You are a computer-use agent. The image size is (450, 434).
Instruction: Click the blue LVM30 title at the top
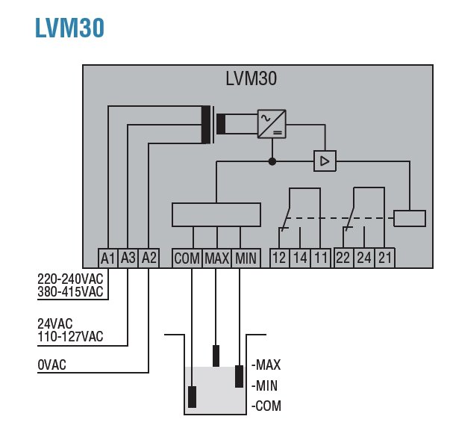coord(69,28)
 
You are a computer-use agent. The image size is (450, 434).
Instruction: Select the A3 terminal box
coord(129,258)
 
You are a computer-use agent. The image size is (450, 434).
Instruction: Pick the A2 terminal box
coord(149,258)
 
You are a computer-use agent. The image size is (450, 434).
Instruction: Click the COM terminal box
coord(187,258)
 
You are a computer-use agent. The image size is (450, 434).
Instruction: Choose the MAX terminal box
coord(216,258)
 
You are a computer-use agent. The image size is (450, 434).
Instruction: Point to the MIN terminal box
coord(246,258)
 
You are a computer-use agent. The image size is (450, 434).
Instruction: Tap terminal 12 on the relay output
coord(279,258)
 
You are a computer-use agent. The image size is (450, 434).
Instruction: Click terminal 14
coord(300,258)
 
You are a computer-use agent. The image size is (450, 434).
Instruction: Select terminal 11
coord(320,258)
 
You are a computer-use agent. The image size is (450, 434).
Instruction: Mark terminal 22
coord(343,258)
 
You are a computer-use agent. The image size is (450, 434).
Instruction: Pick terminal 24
coord(364,258)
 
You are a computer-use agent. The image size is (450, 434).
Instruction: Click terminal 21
coord(385,258)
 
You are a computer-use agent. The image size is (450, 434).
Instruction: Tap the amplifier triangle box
coord(325,161)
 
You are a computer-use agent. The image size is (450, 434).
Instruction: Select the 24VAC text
coord(57,325)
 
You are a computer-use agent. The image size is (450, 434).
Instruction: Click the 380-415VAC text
coord(70,292)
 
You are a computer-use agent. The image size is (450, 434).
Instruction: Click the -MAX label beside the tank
coord(266,365)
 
